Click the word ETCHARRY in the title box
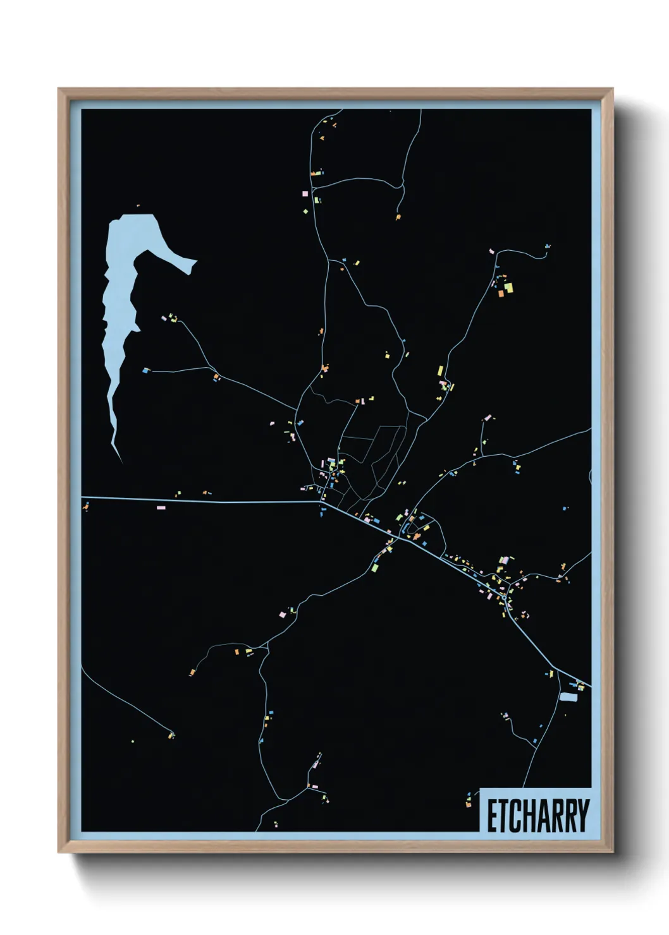(537, 816)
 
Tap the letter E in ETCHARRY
(491, 816)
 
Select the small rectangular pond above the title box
(568, 697)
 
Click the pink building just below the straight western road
(161, 507)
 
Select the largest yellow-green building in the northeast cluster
(508, 288)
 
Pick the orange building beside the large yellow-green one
(500, 293)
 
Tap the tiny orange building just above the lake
(138, 205)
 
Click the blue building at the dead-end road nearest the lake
(145, 371)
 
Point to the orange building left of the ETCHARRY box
(468, 804)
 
